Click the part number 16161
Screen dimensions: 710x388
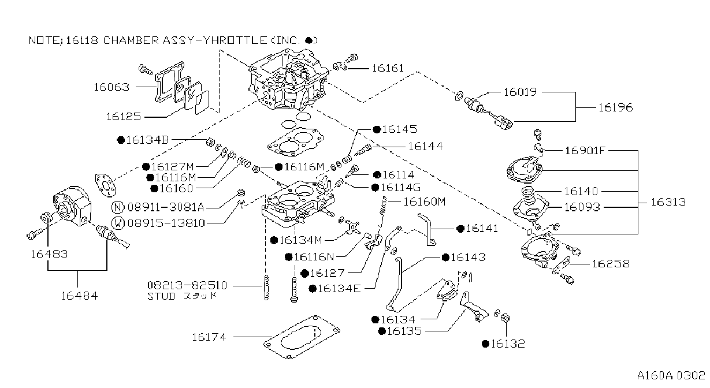(x=388, y=68)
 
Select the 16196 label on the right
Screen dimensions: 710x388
(x=615, y=108)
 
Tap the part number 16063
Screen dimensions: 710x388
(x=111, y=87)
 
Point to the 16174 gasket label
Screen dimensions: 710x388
(x=209, y=337)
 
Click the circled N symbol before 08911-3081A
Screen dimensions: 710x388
(x=118, y=207)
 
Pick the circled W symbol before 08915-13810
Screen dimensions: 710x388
(x=118, y=223)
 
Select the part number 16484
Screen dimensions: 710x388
(x=79, y=296)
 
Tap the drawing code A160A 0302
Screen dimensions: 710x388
(x=671, y=376)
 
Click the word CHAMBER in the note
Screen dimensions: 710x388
(x=131, y=40)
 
